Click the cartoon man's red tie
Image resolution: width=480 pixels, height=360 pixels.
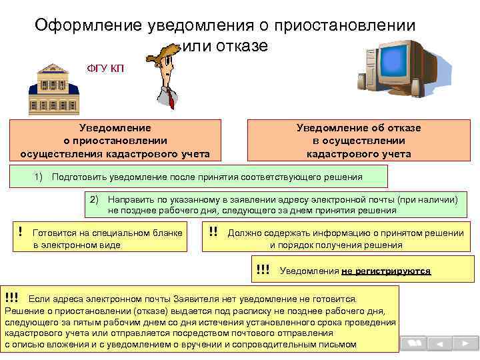coord(172,100)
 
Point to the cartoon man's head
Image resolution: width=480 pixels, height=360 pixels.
coord(163,63)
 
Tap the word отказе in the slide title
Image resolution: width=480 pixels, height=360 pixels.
coord(242,46)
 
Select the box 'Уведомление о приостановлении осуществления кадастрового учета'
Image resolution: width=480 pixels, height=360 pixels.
coord(115,141)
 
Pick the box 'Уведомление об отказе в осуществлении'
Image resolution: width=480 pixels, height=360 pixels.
coord(359,141)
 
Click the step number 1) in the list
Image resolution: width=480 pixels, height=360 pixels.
coord(38,177)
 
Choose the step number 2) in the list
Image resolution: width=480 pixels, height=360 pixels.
coord(95,199)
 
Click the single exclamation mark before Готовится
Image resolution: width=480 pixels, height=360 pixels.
coord(21,232)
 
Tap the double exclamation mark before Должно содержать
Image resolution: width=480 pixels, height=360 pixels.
coord(213,232)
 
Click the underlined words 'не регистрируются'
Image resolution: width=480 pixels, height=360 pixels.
coord(386,271)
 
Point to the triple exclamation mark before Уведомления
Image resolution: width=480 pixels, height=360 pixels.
coord(263,270)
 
